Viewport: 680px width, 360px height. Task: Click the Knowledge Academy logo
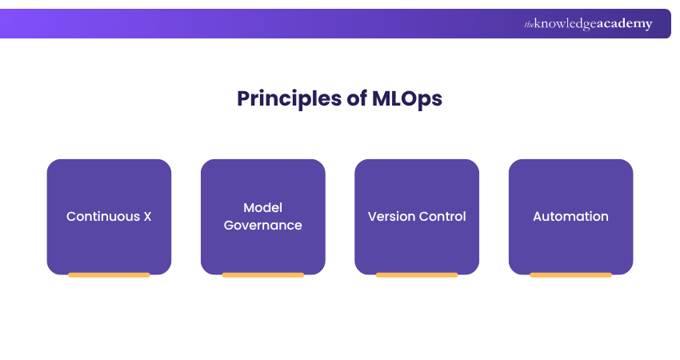click(x=588, y=24)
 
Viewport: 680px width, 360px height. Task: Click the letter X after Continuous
click(x=146, y=217)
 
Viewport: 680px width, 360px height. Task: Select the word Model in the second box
click(x=262, y=208)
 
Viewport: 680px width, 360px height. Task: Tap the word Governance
click(x=262, y=226)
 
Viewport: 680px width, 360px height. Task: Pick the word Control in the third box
click(x=442, y=217)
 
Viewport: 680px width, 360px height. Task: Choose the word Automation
click(x=570, y=217)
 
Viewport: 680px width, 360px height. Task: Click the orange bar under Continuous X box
click(x=109, y=275)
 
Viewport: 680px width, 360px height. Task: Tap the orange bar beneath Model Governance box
click(x=262, y=275)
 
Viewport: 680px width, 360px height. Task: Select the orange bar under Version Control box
click(x=417, y=275)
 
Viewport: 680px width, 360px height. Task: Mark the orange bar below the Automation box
click(x=570, y=275)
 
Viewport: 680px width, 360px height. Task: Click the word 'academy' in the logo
click(x=622, y=24)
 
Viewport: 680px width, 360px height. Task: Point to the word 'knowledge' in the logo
click(x=563, y=25)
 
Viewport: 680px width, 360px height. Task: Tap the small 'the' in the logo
click(x=529, y=25)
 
